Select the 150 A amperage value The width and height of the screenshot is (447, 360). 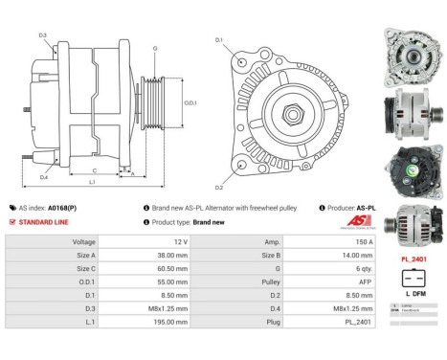[x=351, y=242]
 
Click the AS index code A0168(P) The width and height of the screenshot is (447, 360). [x=63, y=207]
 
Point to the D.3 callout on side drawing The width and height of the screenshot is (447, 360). [x=43, y=34]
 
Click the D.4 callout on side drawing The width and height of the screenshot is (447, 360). [x=44, y=177]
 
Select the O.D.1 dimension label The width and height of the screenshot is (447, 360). [x=190, y=102]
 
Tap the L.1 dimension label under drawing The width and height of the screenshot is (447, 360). [x=91, y=181]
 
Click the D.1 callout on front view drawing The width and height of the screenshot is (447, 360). [x=218, y=39]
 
